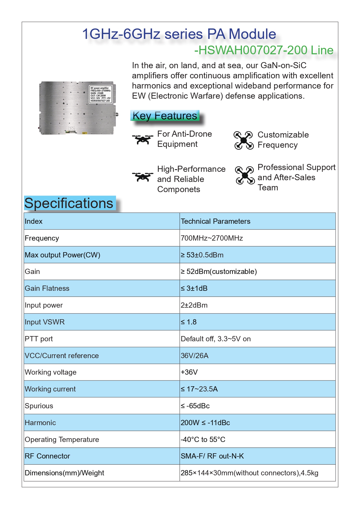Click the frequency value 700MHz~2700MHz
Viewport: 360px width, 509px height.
coord(212,238)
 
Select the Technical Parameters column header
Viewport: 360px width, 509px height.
coord(215,221)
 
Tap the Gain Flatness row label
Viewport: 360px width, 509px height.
coord(47,288)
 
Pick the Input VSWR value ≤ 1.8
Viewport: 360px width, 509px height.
coord(189,322)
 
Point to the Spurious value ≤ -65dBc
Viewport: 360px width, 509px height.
coord(195,406)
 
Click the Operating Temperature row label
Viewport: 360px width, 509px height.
coord(62,440)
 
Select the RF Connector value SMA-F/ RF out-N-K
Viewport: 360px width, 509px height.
coord(212,456)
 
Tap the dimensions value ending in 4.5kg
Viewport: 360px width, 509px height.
coord(249,473)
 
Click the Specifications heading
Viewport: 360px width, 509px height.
coord(69,203)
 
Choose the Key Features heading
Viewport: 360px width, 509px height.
coord(165,116)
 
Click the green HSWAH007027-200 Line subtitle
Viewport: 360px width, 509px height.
coord(264,50)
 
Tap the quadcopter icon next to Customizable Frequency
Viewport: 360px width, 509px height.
coord(244,140)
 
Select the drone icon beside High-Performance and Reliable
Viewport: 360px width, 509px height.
coord(143,176)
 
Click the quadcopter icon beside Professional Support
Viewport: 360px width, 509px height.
coord(245,175)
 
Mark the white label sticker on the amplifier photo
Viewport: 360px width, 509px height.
coord(100,94)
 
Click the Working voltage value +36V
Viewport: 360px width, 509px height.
coord(189,372)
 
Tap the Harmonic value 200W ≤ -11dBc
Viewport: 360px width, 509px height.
coord(205,423)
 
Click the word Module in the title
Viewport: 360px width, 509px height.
coord(252,34)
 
